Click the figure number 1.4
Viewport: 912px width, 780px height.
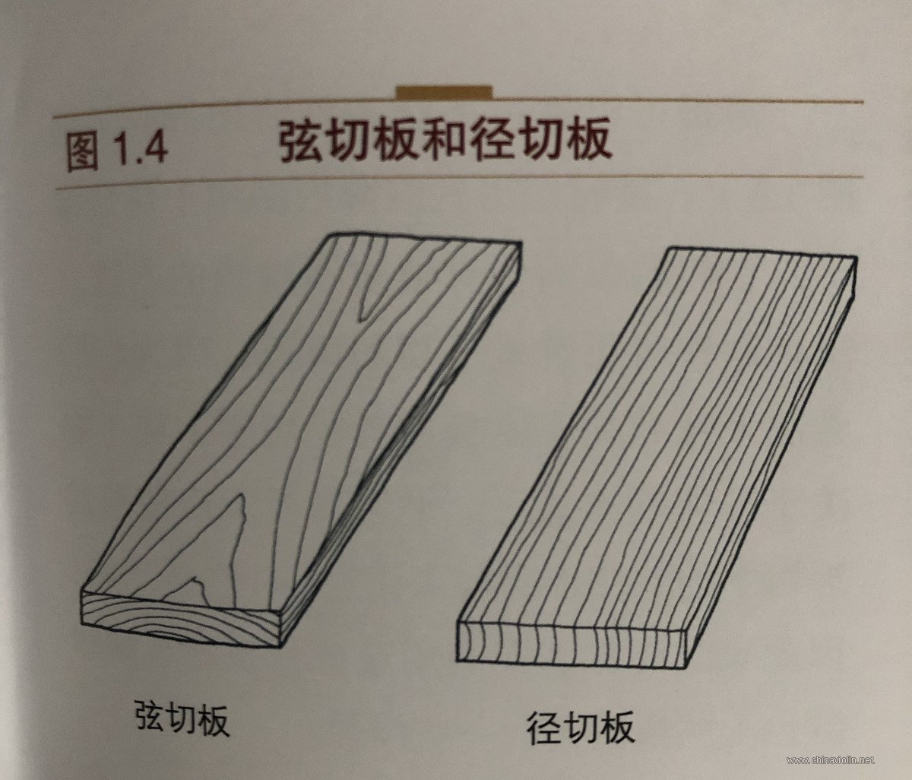click(x=141, y=148)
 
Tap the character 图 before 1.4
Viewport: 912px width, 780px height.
click(x=83, y=151)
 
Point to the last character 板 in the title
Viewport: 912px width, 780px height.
click(x=587, y=138)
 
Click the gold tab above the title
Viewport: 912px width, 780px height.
click(x=444, y=92)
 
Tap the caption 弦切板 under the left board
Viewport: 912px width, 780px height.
click(x=182, y=718)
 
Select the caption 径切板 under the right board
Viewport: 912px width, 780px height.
click(x=581, y=727)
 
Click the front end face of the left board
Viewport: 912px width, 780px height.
click(x=181, y=618)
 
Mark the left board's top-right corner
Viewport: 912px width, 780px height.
click(x=521, y=243)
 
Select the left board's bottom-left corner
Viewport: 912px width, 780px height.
click(x=83, y=623)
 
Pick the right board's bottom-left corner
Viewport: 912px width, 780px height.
click(x=457, y=661)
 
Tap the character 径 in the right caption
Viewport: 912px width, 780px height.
click(x=544, y=727)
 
